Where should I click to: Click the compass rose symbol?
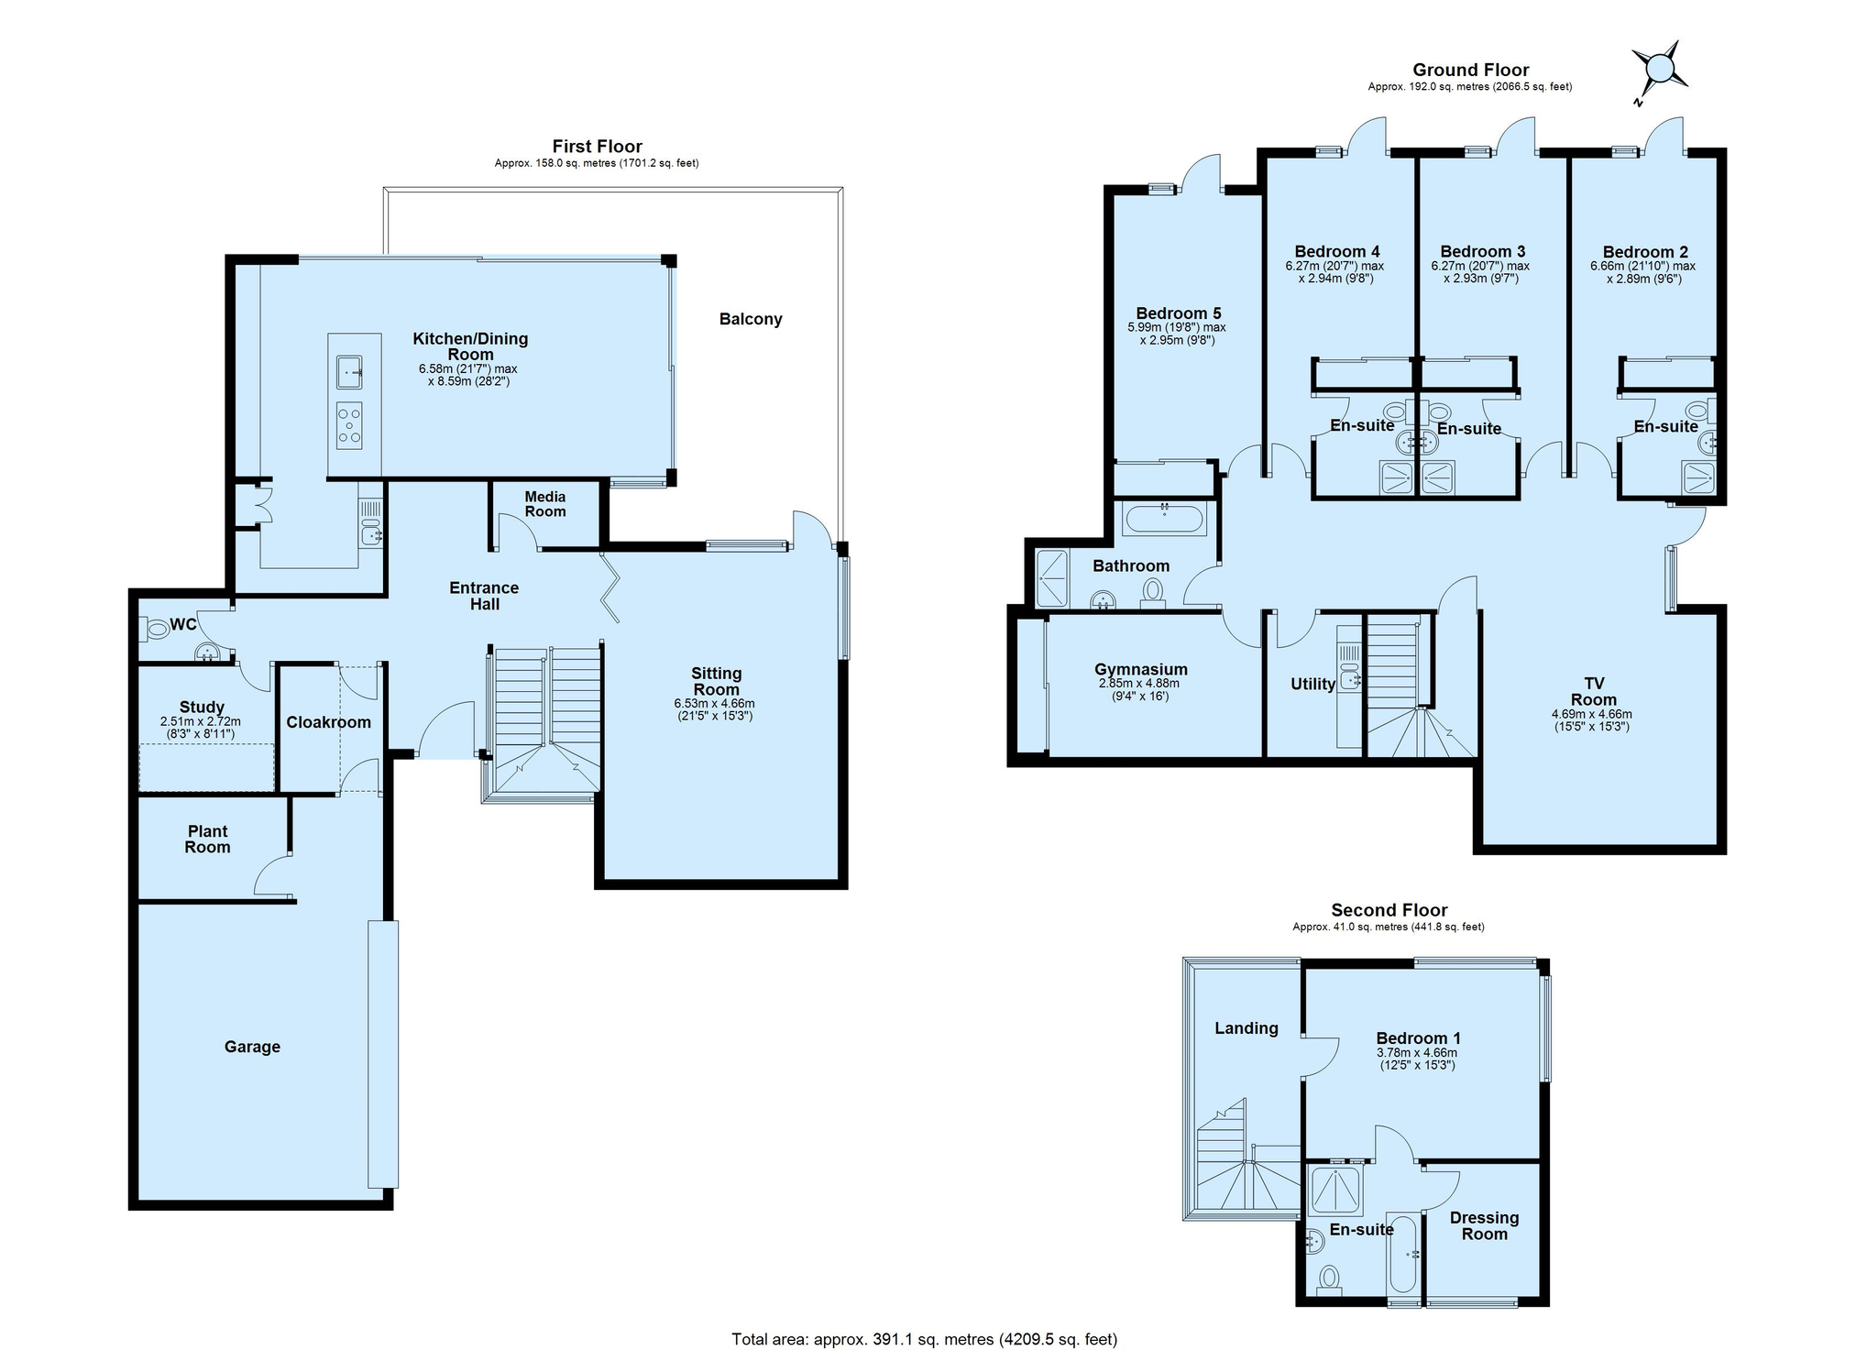point(1660,69)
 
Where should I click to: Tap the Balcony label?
point(751,319)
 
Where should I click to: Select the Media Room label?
point(545,504)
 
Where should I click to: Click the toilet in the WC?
point(154,629)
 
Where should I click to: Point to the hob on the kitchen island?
point(349,425)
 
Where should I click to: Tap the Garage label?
point(252,1047)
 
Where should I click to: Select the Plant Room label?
point(208,839)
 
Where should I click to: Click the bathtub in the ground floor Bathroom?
point(1164,519)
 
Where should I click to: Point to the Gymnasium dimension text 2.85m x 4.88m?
point(1139,683)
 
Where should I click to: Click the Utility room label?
point(1312,684)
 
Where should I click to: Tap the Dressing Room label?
point(1485,1225)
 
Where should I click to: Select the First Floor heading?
point(598,146)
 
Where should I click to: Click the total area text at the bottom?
point(925,1339)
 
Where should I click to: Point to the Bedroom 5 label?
point(1179,313)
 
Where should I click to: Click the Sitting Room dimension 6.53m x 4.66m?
point(715,703)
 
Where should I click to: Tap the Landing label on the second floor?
point(1246,1028)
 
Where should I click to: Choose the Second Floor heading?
point(1389,910)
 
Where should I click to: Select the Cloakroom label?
point(329,722)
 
